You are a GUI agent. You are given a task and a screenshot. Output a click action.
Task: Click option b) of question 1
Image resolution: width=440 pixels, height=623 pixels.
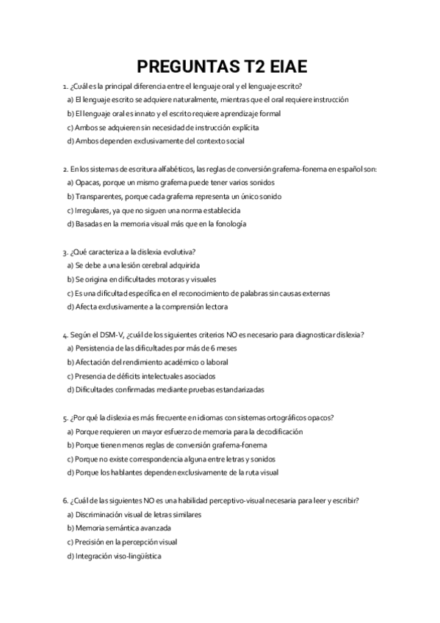tap(173, 113)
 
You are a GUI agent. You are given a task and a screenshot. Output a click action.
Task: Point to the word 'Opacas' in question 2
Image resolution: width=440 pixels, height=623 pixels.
tap(87, 182)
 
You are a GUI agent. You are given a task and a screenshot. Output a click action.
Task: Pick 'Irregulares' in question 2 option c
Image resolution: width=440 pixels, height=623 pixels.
tap(94, 210)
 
